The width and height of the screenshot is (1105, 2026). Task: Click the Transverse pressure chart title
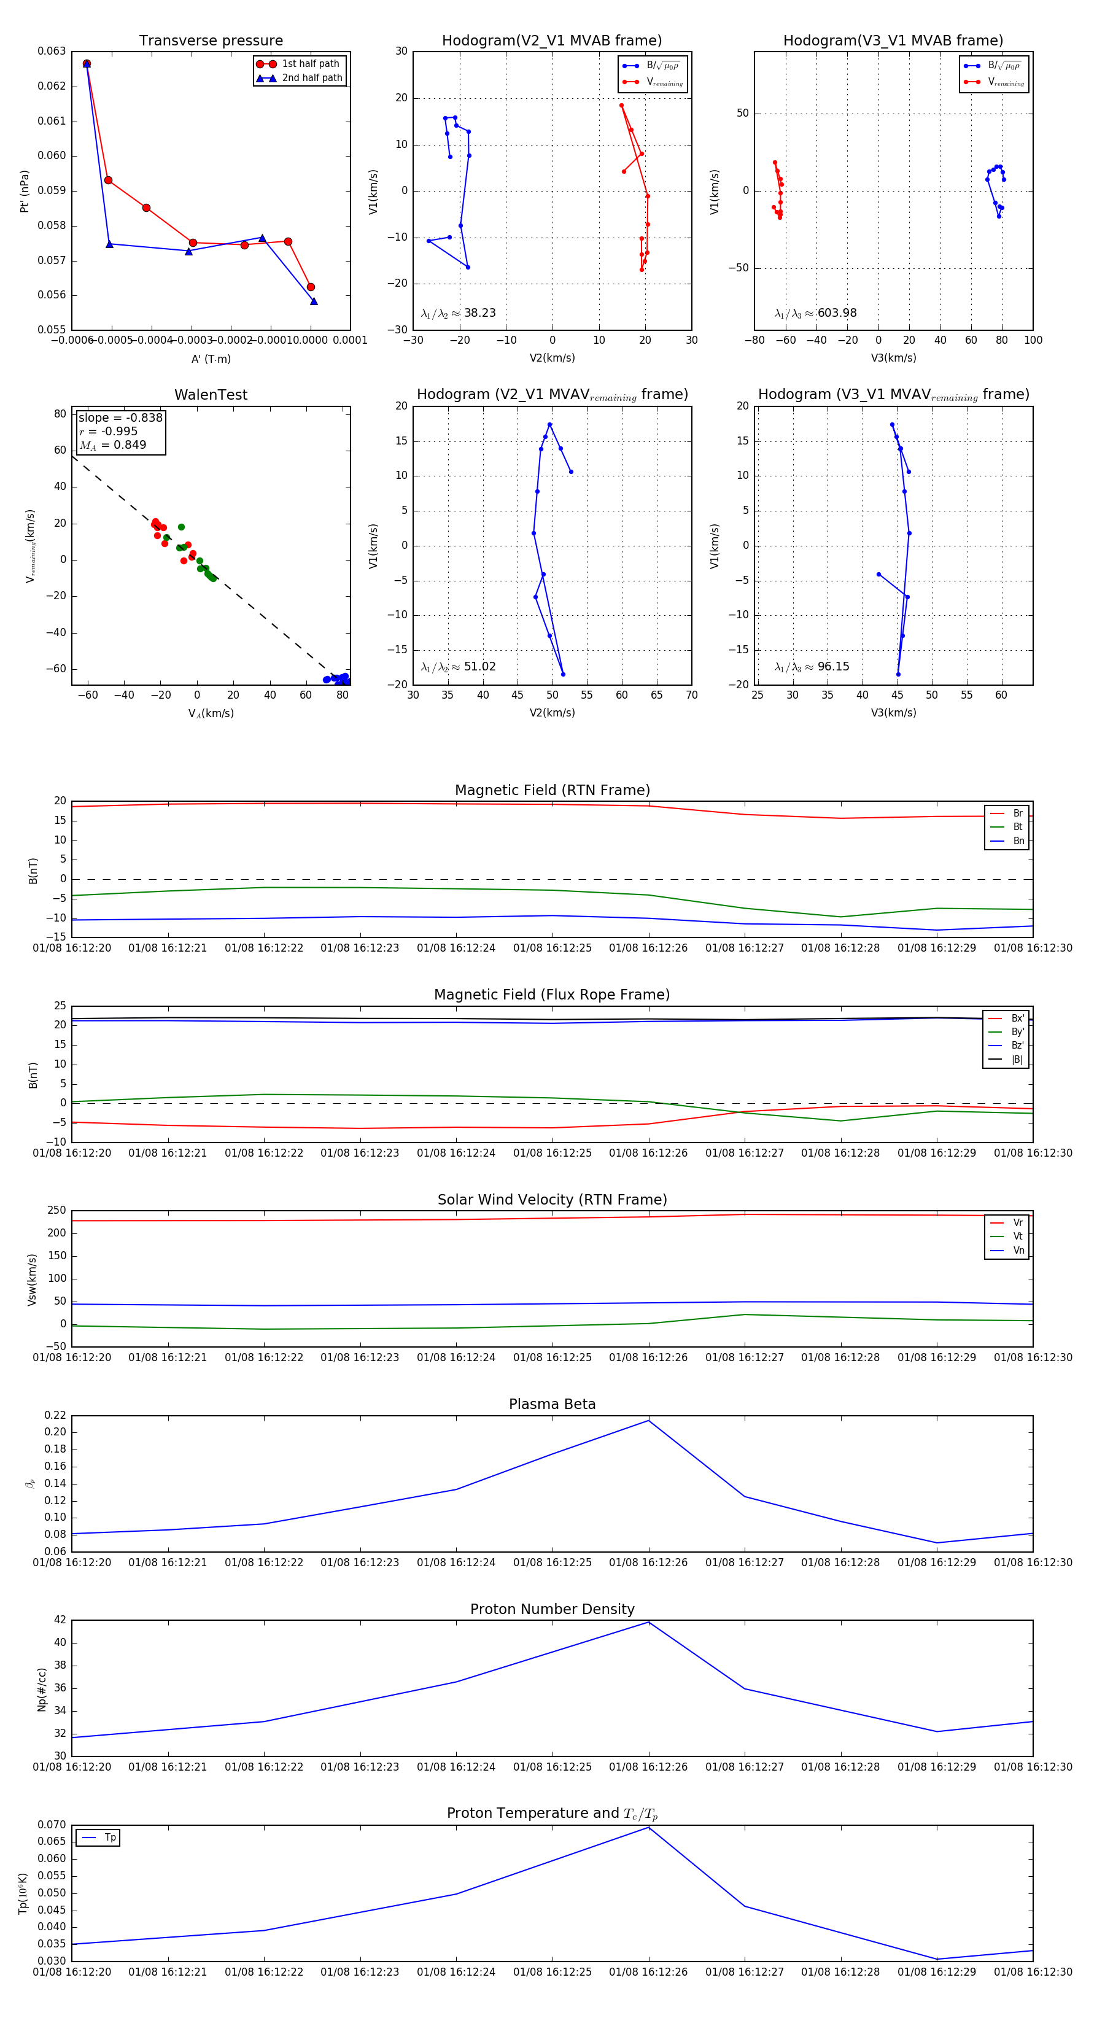click(211, 41)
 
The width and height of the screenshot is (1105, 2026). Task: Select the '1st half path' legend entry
click(310, 64)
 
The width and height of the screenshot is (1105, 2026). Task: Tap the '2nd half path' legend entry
click(311, 78)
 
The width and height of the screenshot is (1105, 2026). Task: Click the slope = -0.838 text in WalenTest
click(120, 417)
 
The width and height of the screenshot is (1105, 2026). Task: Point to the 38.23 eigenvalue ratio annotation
click(479, 313)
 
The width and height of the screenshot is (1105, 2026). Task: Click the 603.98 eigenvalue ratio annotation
click(837, 313)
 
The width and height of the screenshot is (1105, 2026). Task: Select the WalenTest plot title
click(211, 395)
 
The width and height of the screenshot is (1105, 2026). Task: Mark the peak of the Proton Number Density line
click(649, 1622)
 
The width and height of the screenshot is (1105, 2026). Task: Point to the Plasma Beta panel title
click(552, 1405)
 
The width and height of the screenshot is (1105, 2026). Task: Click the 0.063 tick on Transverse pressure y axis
click(52, 51)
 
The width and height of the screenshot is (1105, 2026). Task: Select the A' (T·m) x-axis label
click(211, 359)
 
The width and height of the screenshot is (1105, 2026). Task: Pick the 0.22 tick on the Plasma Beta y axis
click(55, 1415)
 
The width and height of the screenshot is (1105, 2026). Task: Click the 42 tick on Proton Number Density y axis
click(61, 1620)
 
